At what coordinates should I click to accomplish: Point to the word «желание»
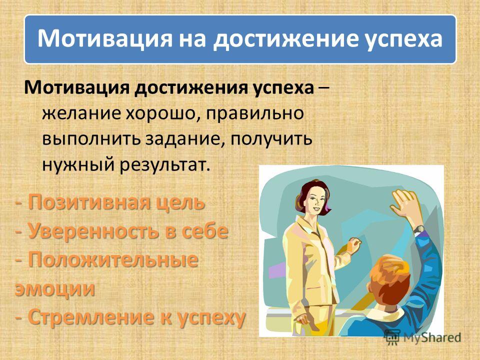coord(81,113)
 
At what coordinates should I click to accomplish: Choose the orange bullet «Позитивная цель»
coord(116,202)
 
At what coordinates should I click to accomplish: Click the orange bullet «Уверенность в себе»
coord(128,231)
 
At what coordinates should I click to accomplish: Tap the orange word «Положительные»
coord(113,260)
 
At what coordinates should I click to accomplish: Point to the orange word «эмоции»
coord(55,288)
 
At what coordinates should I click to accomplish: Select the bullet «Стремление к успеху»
coord(136,317)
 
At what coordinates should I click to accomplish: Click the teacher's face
coord(314,199)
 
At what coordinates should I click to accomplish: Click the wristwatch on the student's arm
coord(418,229)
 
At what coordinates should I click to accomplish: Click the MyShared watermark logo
coord(422,338)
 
